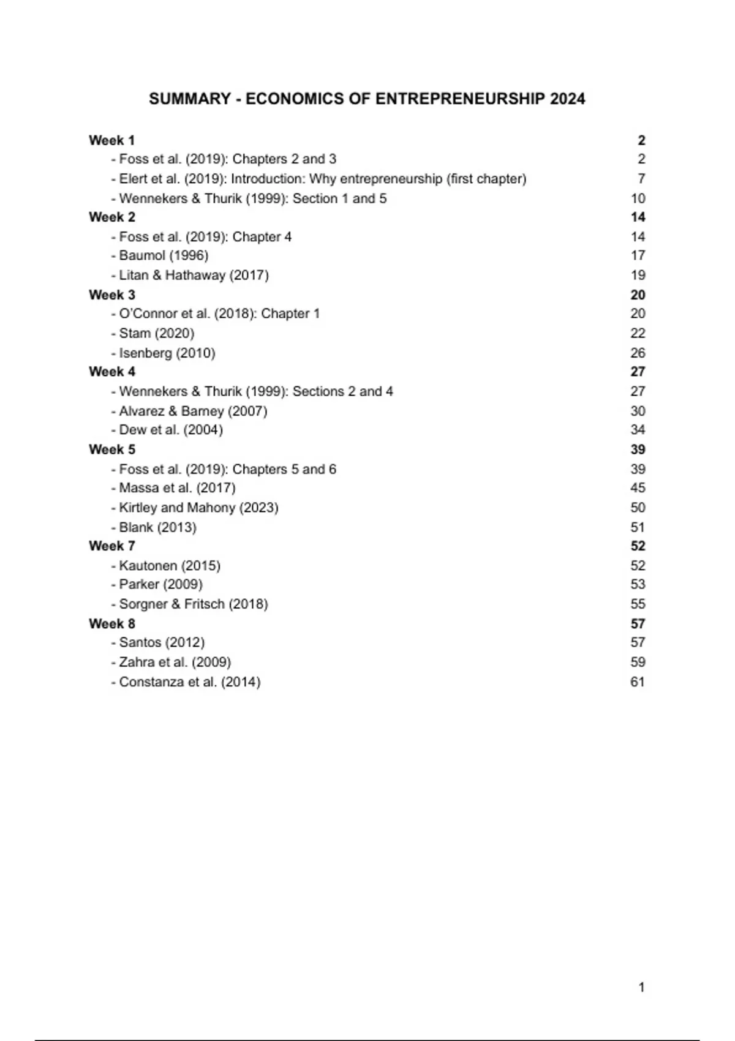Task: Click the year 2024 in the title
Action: point(567,99)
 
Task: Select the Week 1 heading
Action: point(111,140)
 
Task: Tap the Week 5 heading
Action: point(111,449)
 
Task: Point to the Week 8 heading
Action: point(111,623)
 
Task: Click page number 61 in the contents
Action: point(638,682)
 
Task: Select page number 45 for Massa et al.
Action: point(638,488)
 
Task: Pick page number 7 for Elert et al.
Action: point(641,179)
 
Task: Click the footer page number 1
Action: point(641,987)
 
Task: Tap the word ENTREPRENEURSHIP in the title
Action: point(459,99)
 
